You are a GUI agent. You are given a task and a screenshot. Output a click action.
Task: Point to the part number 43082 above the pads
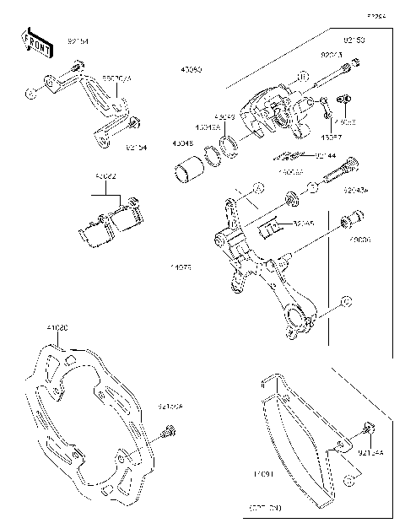pos(106,177)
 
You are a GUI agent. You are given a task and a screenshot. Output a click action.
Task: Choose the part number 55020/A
pos(117,78)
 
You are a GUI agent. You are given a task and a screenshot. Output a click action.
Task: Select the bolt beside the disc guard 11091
pos(365,430)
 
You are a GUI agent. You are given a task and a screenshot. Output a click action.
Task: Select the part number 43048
pos(183,143)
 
